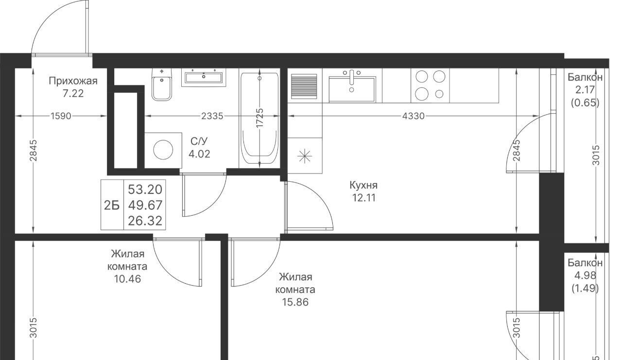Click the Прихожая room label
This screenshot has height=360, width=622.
point(73,81)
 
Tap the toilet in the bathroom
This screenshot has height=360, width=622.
point(162,85)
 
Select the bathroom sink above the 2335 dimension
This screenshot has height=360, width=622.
point(204,77)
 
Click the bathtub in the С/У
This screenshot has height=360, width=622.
point(259,119)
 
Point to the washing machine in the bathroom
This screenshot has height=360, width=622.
point(163,150)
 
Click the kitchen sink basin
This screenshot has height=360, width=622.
point(352,89)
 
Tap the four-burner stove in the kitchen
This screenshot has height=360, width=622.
point(430,86)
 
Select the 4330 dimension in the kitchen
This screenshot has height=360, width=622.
point(414,116)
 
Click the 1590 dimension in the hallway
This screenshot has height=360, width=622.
point(61,116)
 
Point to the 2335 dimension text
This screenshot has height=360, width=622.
point(212,116)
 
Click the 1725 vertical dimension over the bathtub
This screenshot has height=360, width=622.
point(259,118)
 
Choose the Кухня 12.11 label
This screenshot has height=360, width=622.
point(364,191)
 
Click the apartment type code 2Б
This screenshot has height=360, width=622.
point(112,206)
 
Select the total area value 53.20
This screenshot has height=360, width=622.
point(145,189)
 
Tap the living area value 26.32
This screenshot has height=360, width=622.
point(145,221)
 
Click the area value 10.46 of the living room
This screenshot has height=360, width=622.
point(127,279)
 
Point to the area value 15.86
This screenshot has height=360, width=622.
point(295,302)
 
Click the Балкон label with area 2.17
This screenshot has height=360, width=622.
point(585,77)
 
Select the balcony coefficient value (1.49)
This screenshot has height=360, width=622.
point(585,289)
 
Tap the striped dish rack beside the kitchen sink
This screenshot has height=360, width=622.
point(304,86)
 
